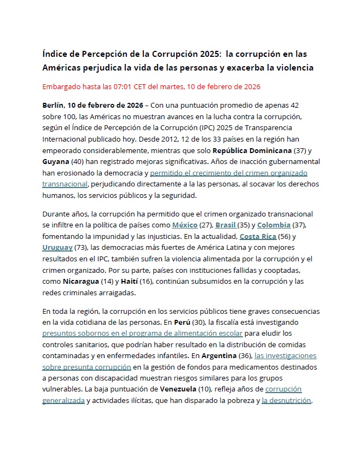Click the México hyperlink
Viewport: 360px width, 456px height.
coord(185,225)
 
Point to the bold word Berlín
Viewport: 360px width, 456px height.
coord(53,104)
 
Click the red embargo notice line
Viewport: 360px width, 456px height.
coord(151,86)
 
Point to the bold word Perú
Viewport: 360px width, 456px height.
coord(182,322)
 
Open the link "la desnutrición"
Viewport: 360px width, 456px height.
coord(286,400)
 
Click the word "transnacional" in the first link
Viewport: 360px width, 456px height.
coord(65,184)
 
